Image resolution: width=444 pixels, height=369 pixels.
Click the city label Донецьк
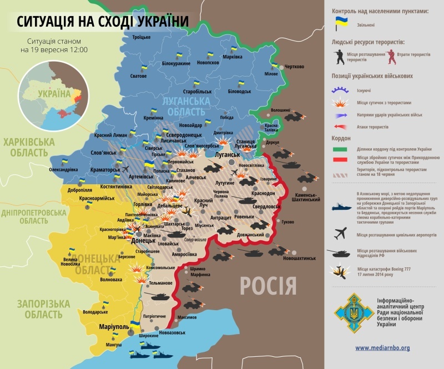tap(143, 241)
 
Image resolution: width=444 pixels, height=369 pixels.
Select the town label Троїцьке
tap(141, 37)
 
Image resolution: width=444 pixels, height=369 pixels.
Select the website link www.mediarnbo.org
tap(382, 348)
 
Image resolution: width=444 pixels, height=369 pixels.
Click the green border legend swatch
tap(340, 149)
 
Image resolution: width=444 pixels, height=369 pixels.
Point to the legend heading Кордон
tap(341, 138)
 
